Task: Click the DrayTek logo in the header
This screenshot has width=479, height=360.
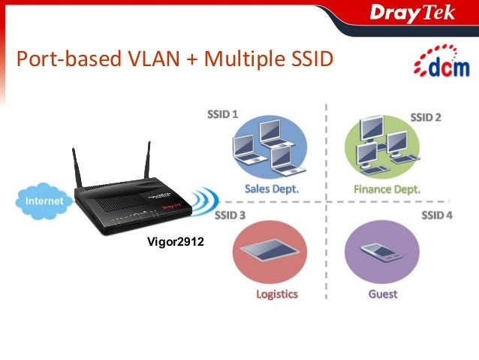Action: (411, 14)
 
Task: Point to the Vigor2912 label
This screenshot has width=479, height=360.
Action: (175, 242)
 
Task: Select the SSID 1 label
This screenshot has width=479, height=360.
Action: (222, 116)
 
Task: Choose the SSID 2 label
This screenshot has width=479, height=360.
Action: (425, 117)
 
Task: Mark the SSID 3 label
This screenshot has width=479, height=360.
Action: (230, 216)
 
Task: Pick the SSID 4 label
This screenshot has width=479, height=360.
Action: (436, 216)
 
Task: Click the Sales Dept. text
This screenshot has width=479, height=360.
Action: (271, 189)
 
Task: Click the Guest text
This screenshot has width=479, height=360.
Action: (383, 294)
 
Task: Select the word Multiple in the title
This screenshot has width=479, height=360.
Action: (239, 58)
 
